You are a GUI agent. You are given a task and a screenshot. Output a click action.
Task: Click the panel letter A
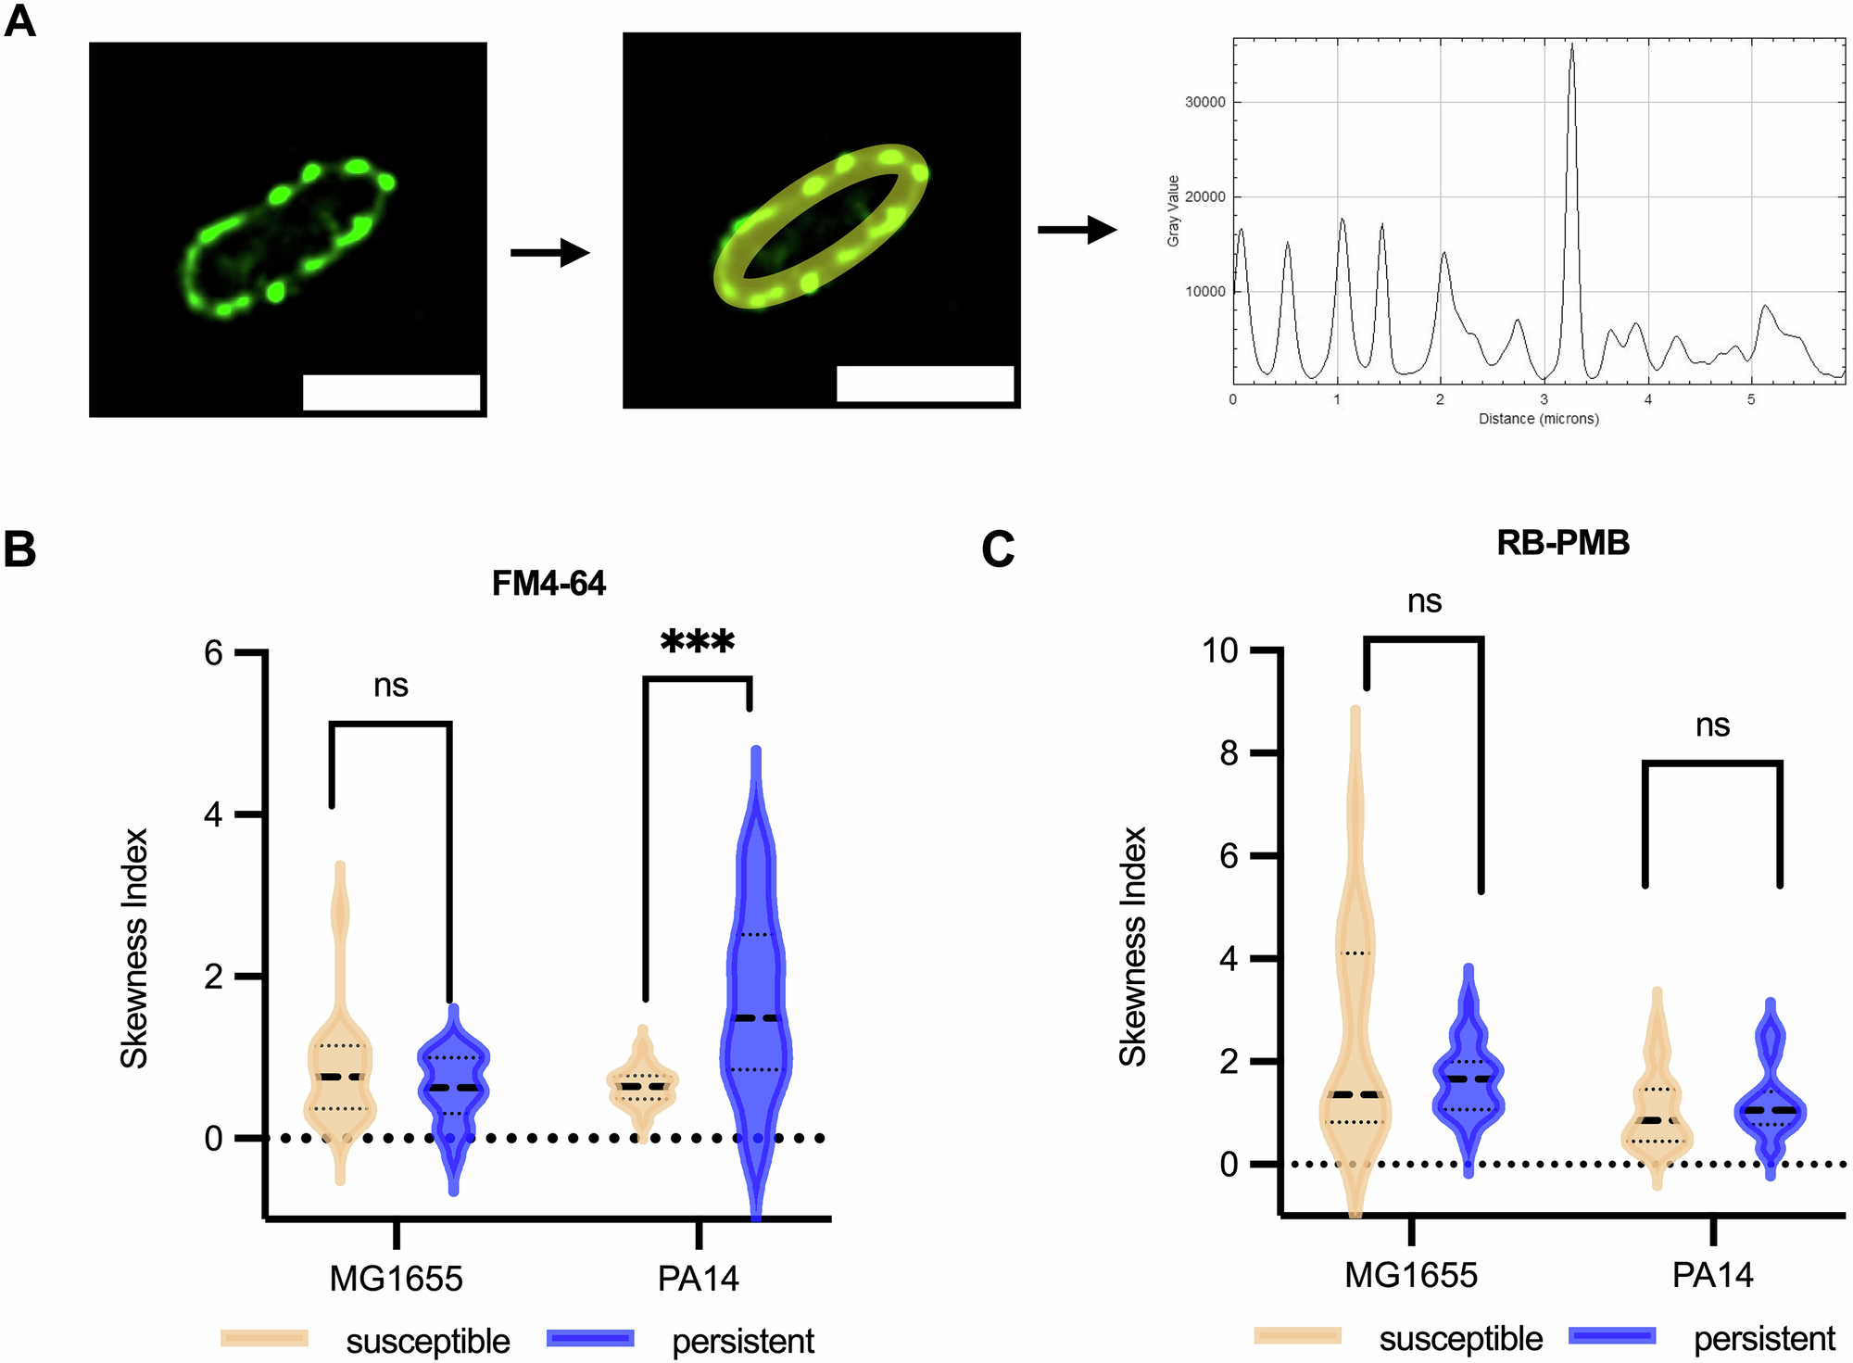click(19, 19)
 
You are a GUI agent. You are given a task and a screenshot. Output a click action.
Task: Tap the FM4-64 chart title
click(548, 584)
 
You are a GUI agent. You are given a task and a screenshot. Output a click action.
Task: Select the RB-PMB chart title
click(1562, 543)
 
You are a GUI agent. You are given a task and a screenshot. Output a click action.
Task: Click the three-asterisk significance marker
click(697, 641)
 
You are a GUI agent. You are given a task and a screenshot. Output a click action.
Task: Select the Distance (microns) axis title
click(1538, 419)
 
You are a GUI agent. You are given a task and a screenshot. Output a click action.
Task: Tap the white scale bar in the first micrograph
click(391, 392)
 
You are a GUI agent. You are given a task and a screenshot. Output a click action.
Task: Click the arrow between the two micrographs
click(549, 252)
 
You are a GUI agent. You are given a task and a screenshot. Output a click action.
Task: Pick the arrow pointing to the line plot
click(1077, 230)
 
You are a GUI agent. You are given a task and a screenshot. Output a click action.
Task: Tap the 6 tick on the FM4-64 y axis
click(214, 653)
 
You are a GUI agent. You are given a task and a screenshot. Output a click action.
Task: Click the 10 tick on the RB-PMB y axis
click(1220, 650)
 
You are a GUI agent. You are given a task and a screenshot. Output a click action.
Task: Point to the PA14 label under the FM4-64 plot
click(698, 1279)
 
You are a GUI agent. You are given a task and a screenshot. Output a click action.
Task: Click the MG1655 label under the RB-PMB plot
click(1410, 1276)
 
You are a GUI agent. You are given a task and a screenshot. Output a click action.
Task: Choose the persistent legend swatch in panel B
click(590, 1338)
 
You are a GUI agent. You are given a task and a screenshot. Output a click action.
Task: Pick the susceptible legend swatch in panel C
click(1297, 1335)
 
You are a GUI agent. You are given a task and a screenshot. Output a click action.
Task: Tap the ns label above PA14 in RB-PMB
click(1712, 726)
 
